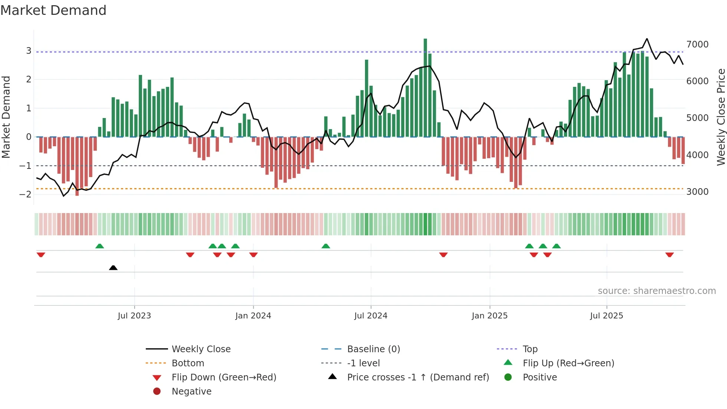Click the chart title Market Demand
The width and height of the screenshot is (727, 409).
[x=53, y=10]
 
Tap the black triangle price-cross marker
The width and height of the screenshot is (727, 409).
[x=113, y=268]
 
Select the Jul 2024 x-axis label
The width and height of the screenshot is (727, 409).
[x=371, y=316]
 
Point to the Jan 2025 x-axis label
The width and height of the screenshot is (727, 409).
[x=489, y=316]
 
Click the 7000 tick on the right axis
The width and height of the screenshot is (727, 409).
[x=697, y=45]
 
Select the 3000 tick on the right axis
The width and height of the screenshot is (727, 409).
[x=697, y=192]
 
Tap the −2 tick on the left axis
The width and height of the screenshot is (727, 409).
[x=26, y=194]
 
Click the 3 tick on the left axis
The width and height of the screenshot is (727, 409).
[x=29, y=51]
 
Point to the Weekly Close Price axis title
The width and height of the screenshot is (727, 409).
[x=721, y=117]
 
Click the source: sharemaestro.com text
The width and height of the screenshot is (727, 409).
[x=657, y=291]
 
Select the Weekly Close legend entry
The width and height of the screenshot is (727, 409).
[x=201, y=349]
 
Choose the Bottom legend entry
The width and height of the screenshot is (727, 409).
[x=188, y=363]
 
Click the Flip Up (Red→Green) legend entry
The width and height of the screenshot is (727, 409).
[x=568, y=363]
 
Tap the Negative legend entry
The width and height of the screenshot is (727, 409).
[x=191, y=392]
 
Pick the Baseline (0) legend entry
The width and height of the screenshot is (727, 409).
[x=373, y=349]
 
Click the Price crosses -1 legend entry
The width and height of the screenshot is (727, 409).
[x=418, y=377]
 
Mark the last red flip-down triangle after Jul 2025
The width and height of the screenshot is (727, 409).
[x=669, y=255]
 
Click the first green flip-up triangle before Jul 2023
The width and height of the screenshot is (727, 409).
[x=99, y=246]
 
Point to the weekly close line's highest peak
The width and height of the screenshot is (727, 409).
[x=647, y=39]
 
